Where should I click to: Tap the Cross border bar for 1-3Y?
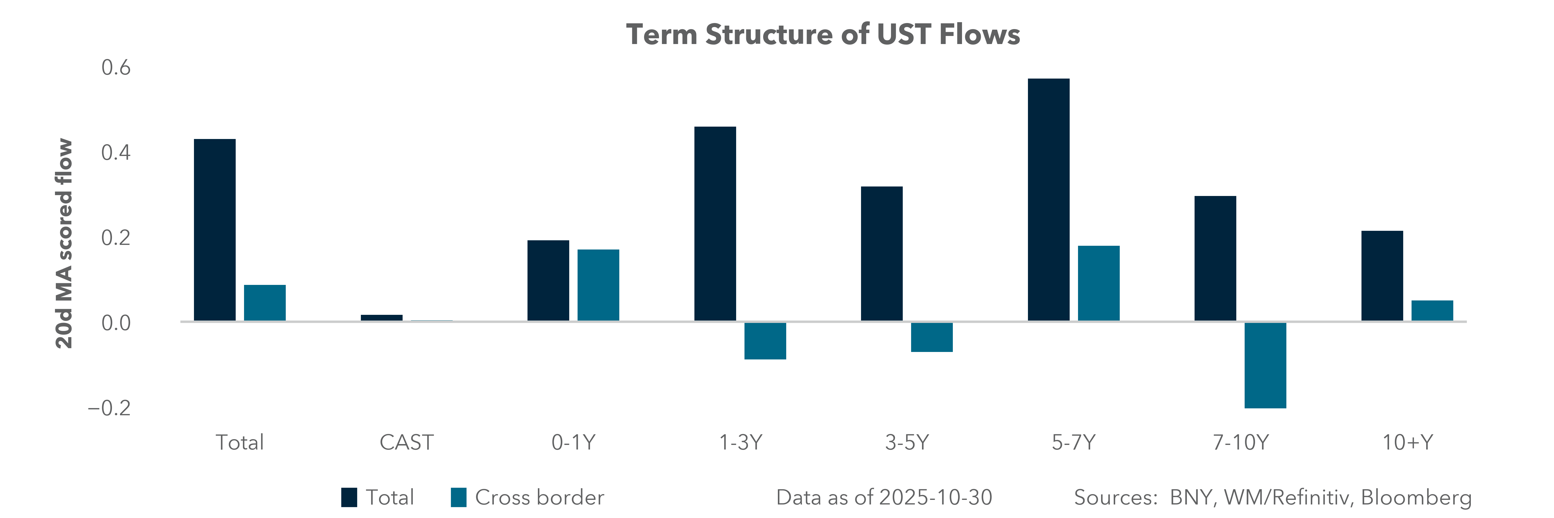[765, 341]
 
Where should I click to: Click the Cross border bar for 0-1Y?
[598, 285]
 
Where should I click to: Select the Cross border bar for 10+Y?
[1432, 311]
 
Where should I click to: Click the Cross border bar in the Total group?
[264, 303]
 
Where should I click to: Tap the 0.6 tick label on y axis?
[116, 68]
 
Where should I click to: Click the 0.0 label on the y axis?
[116, 323]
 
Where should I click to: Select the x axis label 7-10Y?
[1240, 443]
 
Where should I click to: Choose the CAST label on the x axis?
[406, 443]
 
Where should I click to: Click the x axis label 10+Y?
[1408, 443]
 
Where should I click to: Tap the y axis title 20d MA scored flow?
[64, 244]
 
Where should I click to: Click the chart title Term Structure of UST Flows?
[823, 34]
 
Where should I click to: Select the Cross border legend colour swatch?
[458, 498]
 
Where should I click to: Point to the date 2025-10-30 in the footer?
[935, 498]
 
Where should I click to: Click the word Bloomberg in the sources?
[1416, 498]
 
